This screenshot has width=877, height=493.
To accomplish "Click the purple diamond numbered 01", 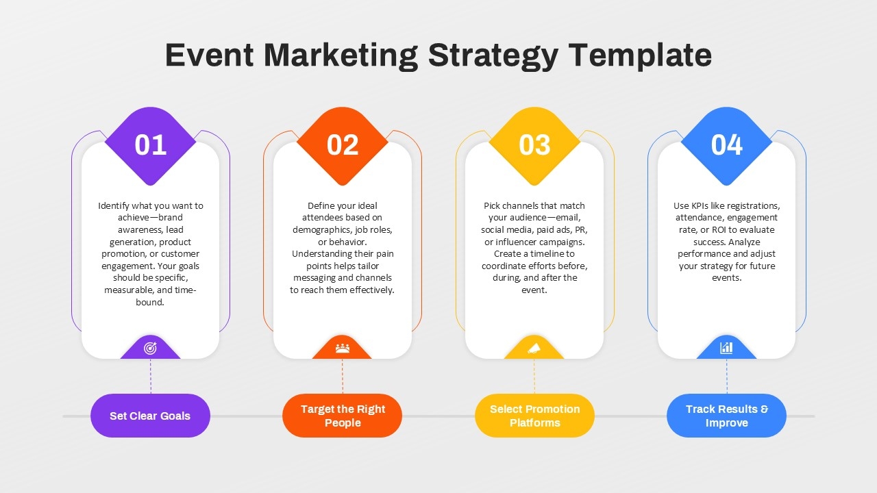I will [x=151, y=145].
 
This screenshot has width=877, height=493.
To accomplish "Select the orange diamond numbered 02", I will [x=343, y=145].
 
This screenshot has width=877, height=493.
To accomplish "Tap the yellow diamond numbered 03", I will [x=534, y=145].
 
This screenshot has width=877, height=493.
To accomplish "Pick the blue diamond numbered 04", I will [x=727, y=145].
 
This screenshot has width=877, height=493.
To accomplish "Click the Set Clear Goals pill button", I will [x=150, y=416].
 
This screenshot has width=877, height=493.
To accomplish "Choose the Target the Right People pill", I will [x=343, y=416].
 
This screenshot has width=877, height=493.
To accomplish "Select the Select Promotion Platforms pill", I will [x=534, y=416].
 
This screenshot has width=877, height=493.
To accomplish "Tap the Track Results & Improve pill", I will [x=727, y=416].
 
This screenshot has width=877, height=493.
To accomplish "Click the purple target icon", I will [x=151, y=348].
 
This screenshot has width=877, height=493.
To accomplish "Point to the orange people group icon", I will [x=343, y=348].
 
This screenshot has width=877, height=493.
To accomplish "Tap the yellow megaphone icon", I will [x=534, y=348].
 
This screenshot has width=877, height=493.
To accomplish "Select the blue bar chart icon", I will [x=726, y=348].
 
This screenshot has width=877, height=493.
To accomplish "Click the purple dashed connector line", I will [x=151, y=376].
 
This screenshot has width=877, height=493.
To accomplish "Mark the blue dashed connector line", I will [x=727, y=376].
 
